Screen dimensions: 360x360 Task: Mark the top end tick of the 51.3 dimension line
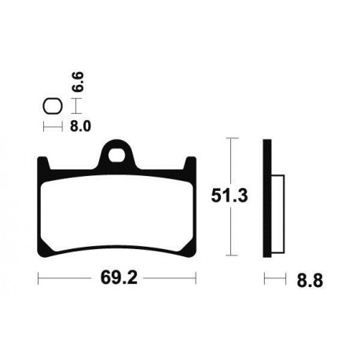click(230, 138)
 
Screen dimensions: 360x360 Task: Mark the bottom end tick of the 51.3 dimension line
click(230, 255)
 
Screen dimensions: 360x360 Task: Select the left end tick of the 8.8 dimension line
click(266, 278)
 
